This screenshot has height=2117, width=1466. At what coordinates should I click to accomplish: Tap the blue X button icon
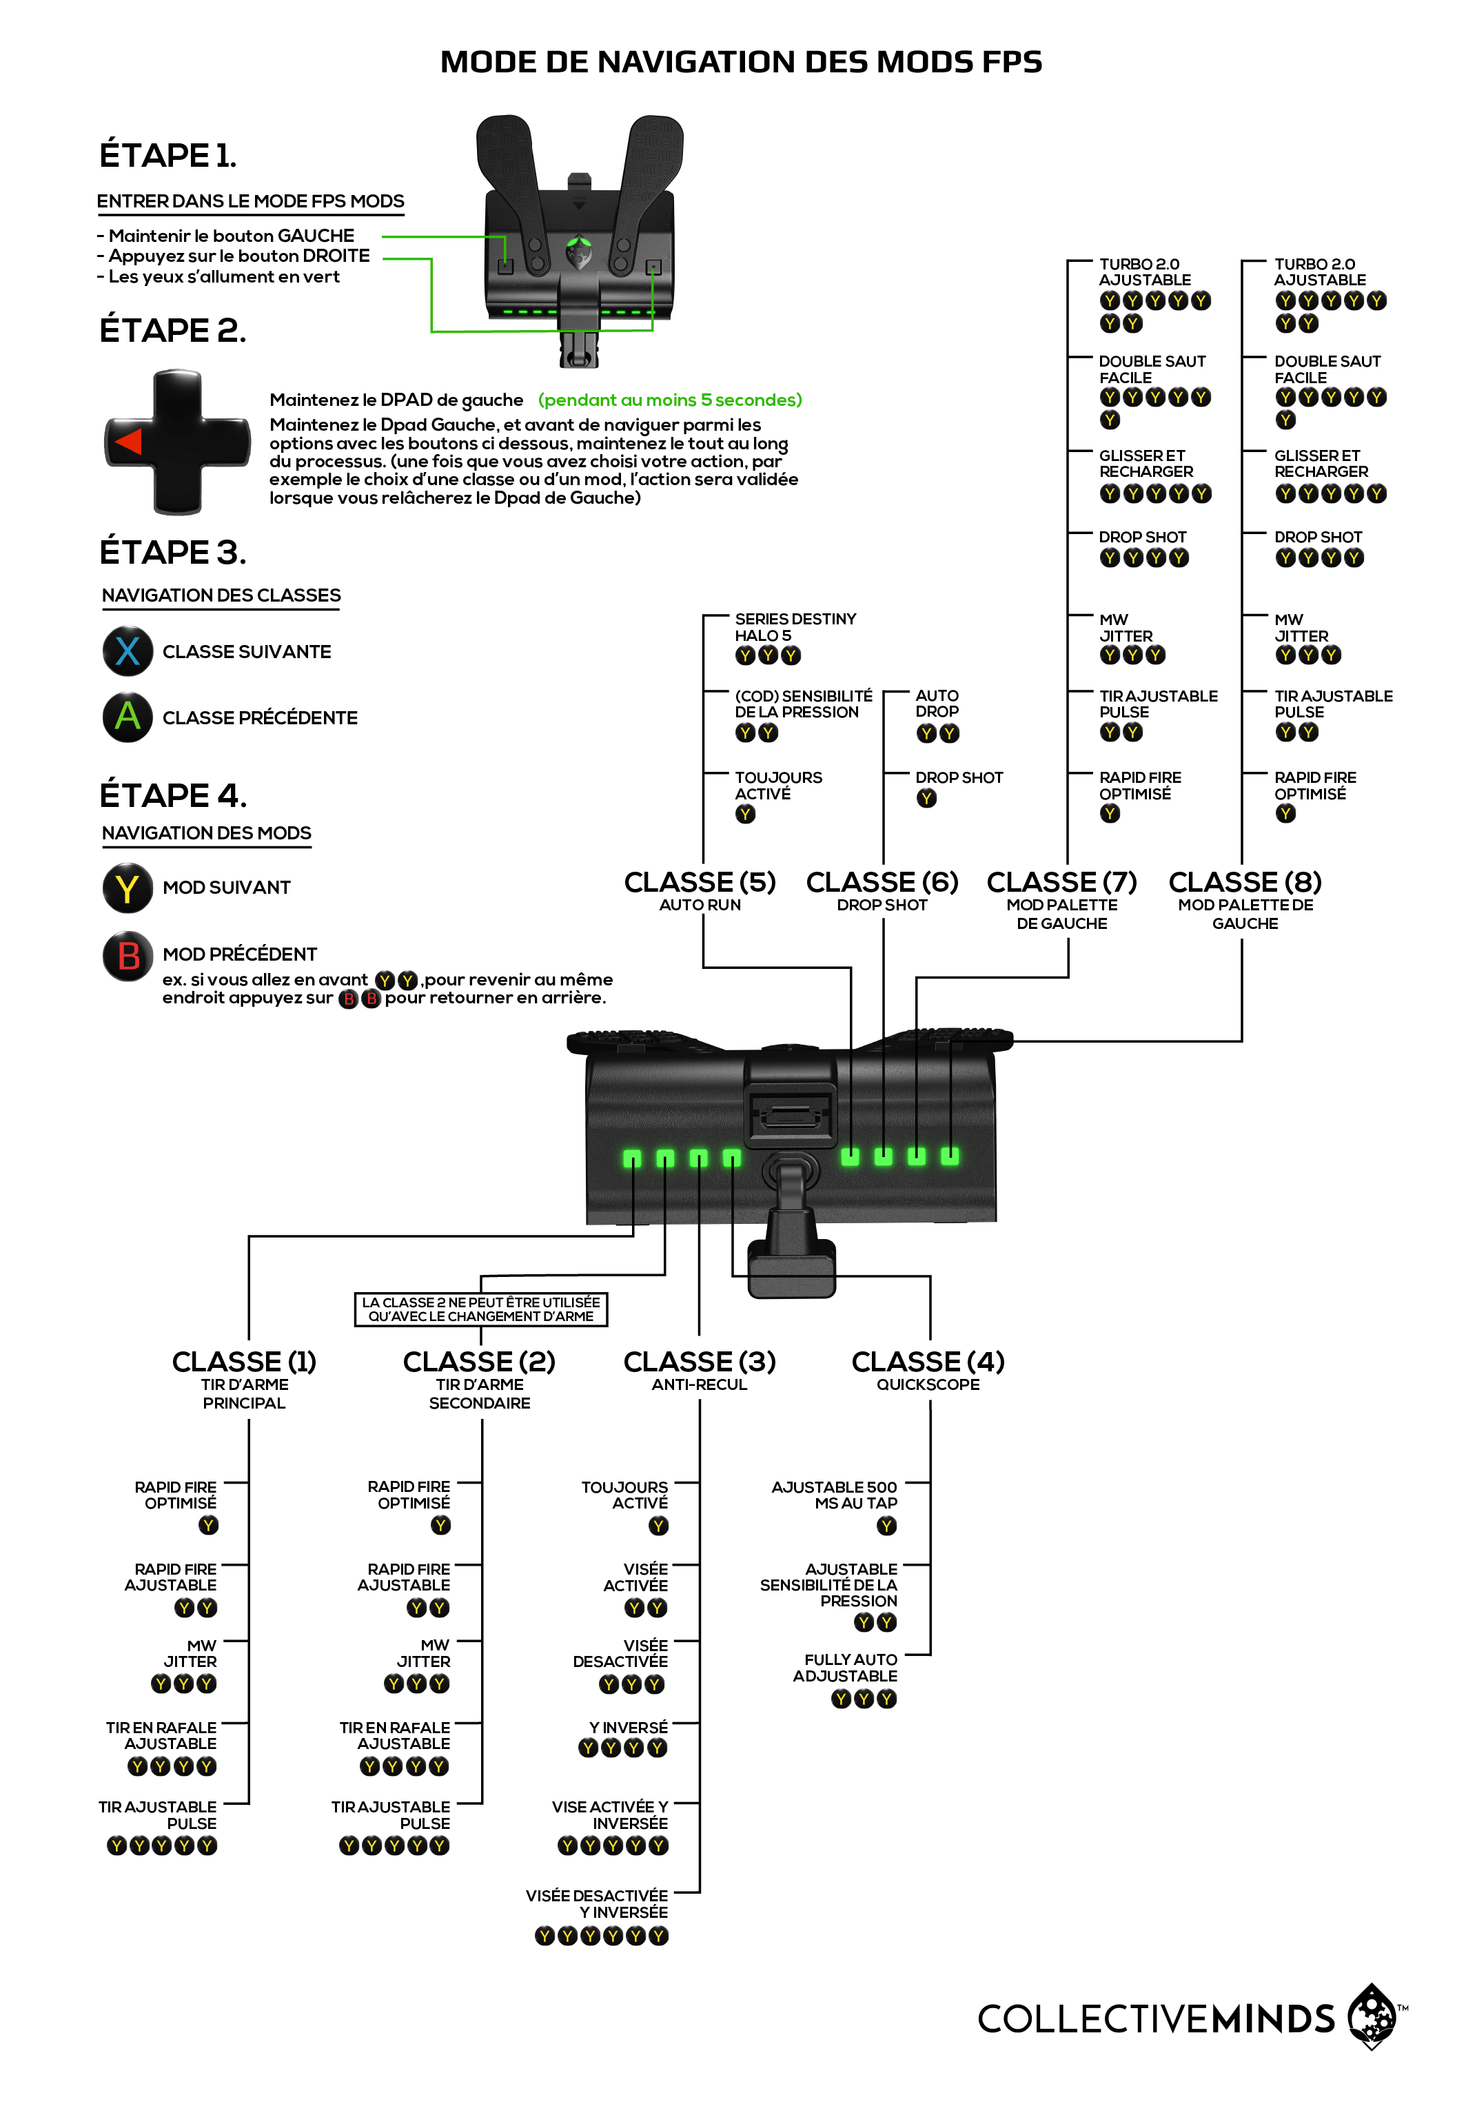click(x=128, y=651)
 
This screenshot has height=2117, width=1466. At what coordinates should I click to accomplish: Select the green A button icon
click(x=128, y=717)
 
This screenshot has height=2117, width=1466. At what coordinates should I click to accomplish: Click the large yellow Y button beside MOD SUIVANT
click(x=128, y=887)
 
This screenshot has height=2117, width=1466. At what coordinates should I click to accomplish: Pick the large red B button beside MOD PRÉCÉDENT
click(x=128, y=955)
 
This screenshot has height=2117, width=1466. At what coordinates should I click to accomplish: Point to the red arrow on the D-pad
click(x=129, y=442)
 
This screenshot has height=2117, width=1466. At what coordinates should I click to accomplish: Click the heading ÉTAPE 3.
click(x=173, y=552)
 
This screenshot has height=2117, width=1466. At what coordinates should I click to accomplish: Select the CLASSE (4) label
click(x=928, y=1361)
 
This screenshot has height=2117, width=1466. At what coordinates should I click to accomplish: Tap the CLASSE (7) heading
click(x=1062, y=881)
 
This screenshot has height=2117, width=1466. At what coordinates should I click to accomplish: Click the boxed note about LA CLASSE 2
click(x=480, y=1309)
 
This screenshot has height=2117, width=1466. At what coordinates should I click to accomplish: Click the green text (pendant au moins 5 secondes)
click(x=670, y=400)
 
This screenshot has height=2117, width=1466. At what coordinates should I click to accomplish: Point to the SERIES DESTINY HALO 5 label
click(x=795, y=627)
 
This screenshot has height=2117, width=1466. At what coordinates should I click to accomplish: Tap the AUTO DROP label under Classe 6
click(x=937, y=704)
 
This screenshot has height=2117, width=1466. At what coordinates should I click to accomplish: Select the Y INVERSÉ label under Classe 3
click(x=629, y=1728)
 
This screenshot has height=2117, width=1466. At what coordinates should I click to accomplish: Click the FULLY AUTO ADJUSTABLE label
click(x=845, y=1668)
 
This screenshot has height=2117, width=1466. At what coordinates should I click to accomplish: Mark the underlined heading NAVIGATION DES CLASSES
click(x=221, y=595)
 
